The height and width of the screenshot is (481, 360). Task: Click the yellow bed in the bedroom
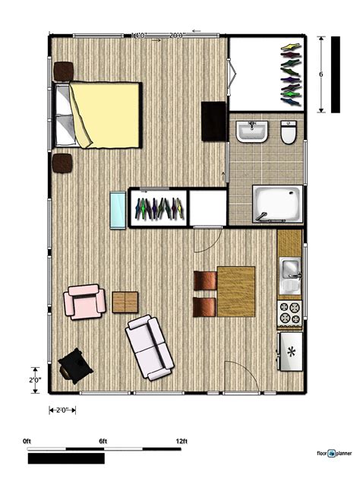pos(106,114)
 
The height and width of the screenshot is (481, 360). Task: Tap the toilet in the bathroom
pos(288,134)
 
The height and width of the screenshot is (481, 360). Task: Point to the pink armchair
pos(84,301)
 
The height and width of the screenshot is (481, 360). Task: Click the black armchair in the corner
pos(76,365)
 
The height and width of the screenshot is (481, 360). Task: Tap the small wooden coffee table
pos(125,302)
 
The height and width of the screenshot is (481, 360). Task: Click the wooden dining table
pos(236,291)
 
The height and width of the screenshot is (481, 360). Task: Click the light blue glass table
pos(119,210)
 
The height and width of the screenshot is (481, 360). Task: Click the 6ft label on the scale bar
pos(103,441)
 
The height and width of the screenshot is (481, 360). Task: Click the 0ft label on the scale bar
pos(27,441)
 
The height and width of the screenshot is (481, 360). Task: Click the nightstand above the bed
pos(62,70)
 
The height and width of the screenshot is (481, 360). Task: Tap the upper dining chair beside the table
pos(205,280)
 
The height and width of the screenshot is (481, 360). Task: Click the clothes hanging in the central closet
pos(159,207)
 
